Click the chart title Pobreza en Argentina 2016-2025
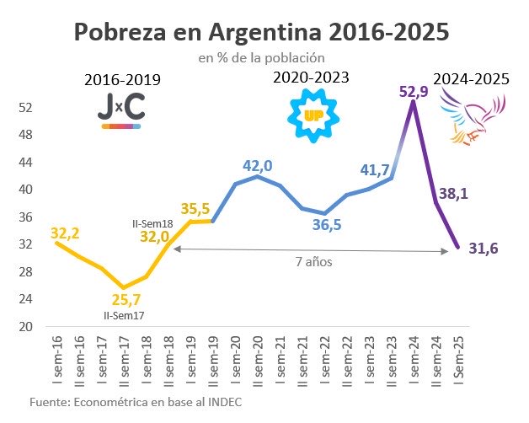261,33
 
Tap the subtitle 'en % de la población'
261,58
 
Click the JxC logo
121,112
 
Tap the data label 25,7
126,299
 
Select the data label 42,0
259,166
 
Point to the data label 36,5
324,225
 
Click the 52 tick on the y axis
24,108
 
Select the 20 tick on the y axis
24,326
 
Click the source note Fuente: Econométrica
136,402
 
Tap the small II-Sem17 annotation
123,316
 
